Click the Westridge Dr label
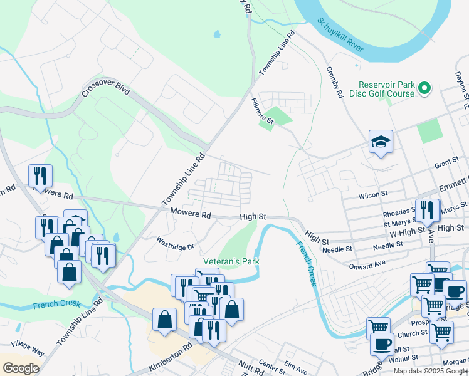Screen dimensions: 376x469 (x=176, y=243)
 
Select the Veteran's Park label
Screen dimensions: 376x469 (x=231, y=261)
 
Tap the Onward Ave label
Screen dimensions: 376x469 (x=367, y=265)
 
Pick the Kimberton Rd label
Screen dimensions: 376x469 (x=170, y=355)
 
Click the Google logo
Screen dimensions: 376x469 (x=21, y=368)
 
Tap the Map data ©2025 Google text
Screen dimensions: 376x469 (x=429, y=371)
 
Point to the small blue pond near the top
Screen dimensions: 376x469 (x=217, y=34)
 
